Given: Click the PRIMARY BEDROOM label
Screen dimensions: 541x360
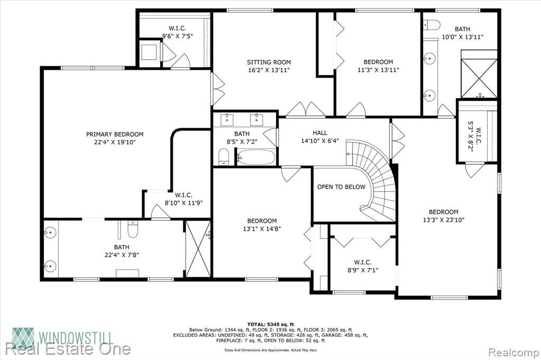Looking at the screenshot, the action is [x=115, y=134].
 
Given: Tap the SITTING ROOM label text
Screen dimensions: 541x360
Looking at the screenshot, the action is [x=269, y=62].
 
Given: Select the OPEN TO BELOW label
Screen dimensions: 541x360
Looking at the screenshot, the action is [x=341, y=187].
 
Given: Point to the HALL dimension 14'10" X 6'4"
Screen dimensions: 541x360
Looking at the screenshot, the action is [x=320, y=141].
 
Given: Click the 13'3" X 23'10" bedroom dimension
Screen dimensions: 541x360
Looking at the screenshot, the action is [x=443, y=220].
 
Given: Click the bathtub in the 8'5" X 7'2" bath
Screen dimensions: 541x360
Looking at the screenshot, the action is [x=257, y=157].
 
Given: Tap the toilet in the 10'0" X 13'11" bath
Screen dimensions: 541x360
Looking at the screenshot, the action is [x=432, y=25].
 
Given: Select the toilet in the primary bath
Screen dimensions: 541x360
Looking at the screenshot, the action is [x=133, y=229].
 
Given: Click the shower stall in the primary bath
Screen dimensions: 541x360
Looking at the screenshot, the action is [x=198, y=249].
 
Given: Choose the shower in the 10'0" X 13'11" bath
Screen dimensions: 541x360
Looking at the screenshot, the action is [x=479, y=78].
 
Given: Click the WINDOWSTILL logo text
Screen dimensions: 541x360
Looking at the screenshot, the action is [x=76, y=337].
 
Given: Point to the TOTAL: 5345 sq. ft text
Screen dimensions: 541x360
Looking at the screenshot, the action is [x=270, y=324].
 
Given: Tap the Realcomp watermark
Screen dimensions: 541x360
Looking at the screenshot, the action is [x=514, y=353].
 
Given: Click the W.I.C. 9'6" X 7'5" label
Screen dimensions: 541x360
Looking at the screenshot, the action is [x=178, y=32].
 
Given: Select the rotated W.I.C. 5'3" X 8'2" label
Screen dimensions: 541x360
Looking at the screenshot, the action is [x=475, y=137].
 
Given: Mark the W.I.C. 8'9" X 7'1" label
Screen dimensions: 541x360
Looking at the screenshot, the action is [x=362, y=266].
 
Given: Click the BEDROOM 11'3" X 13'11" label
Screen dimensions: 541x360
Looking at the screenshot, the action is [x=378, y=66].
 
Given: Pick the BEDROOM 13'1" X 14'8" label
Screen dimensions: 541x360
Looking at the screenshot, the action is [x=262, y=224].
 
